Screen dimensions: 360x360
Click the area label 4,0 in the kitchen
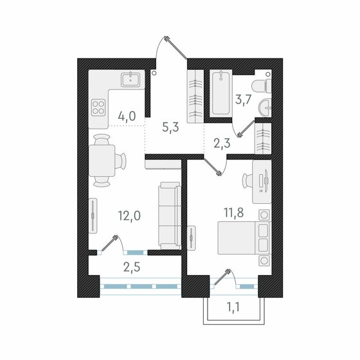click(x=126, y=117)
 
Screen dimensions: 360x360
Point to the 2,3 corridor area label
click(x=222, y=144)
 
